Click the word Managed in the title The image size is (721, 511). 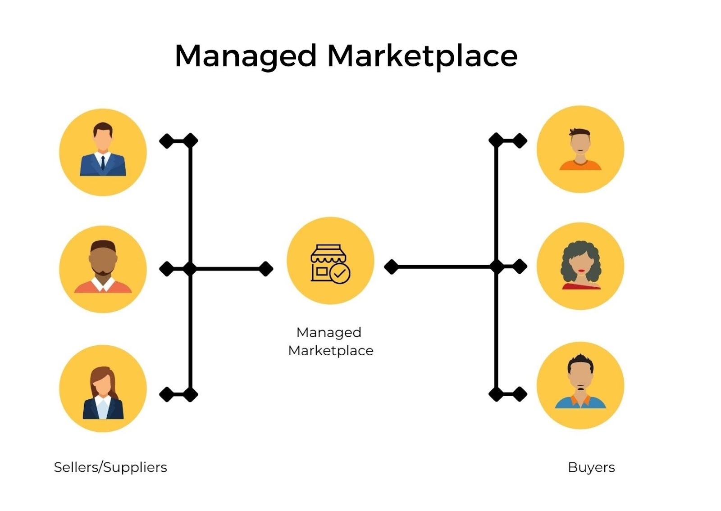tap(246, 57)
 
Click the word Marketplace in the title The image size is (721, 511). tap(422, 57)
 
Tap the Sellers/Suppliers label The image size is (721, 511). tap(110, 467)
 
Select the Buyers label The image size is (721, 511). tap(591, 467)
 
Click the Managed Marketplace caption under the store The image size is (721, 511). tap(330, 342)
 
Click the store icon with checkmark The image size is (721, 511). tap(330, 263)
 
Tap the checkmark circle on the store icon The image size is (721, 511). tap(340, 273)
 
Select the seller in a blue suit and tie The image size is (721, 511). tap(103, 152)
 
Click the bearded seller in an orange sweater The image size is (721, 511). tap(103, 269)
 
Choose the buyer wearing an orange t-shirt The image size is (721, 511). tap(580, 149)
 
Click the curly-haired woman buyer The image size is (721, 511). tap(580, 266)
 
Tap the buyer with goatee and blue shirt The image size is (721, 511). tap(580, 385)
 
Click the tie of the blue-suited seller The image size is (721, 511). tap(103, 162)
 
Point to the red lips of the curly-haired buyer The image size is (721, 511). tap(581, 271)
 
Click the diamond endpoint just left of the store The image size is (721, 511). tap(266, 269)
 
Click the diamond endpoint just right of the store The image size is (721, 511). tap(391, 267)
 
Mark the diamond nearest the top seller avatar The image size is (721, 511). tap(166, 141)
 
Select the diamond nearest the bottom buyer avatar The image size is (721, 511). tap(520, 394)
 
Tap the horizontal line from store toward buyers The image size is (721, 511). tap(444, 267)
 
